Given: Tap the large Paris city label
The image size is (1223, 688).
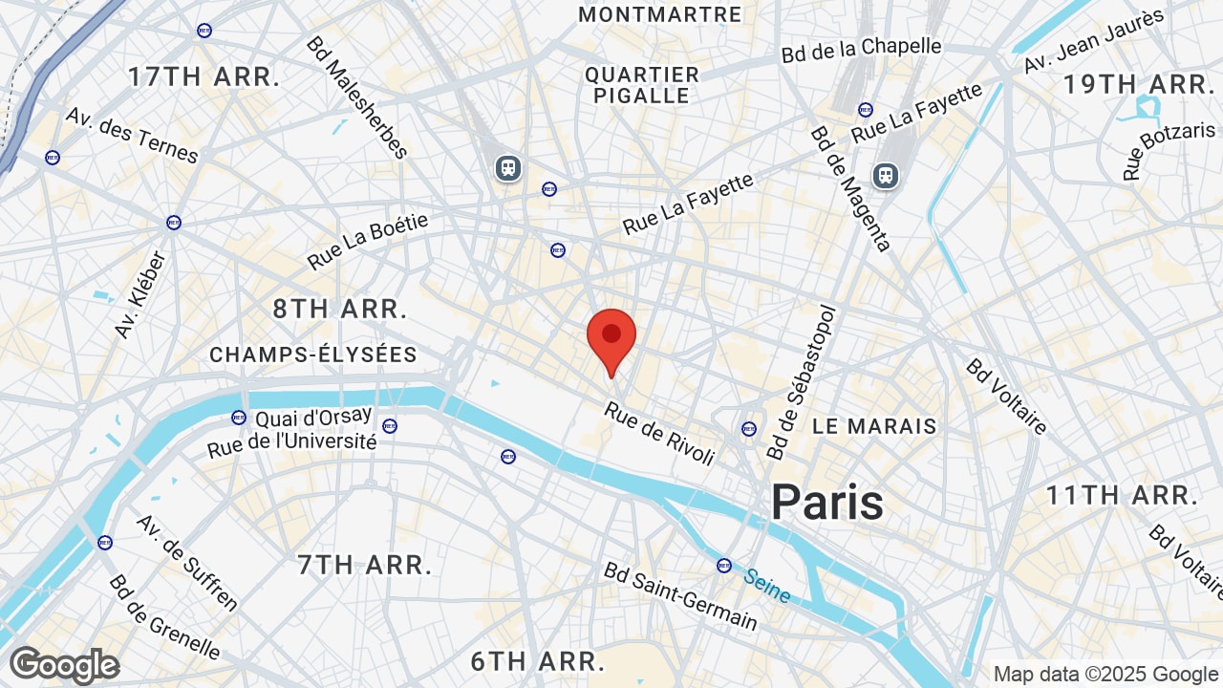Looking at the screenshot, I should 827,502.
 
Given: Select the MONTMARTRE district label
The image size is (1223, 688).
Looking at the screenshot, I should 660,14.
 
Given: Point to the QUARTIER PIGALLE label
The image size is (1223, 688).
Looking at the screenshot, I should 642,85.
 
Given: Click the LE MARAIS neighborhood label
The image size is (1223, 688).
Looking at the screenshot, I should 874,426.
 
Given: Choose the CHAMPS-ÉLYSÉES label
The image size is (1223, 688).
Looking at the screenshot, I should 313,355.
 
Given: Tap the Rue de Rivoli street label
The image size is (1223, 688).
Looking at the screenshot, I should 659,433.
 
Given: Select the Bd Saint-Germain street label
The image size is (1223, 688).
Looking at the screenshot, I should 680,596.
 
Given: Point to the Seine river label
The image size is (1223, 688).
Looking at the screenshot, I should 767,586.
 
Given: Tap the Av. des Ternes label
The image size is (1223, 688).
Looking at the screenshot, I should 131,135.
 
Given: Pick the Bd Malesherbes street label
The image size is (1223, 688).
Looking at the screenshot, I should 357,97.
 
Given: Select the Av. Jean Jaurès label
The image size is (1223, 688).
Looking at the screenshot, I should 1094,40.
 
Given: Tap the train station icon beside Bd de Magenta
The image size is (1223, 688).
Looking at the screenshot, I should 886,175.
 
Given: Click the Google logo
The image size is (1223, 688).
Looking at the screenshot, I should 65,665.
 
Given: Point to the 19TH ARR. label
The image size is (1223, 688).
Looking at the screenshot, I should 1138,84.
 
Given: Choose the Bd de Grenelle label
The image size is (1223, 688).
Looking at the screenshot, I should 164,617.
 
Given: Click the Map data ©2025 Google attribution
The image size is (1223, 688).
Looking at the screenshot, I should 1105,675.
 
